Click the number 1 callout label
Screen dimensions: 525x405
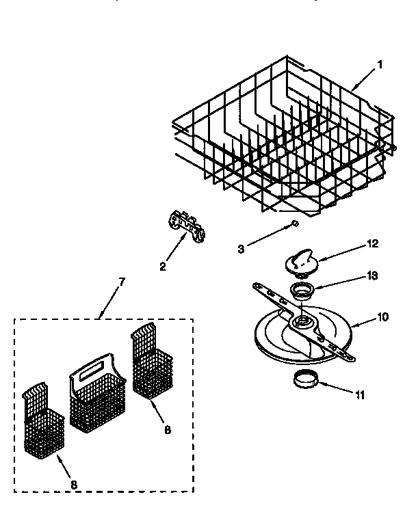(380, 66)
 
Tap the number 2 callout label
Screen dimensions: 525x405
(162, 267)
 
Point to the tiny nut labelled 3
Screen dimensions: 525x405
(294, 224)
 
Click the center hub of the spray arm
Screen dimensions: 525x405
(298, 320)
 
